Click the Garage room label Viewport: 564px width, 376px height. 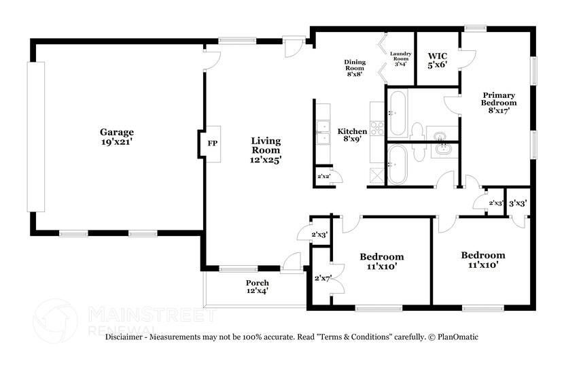click(117, 137)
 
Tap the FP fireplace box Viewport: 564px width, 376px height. click(212, 143)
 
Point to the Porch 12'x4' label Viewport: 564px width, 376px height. click(257, 286)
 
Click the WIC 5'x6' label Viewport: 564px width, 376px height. click(437, 60)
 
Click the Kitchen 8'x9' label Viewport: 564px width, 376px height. click(353, 135)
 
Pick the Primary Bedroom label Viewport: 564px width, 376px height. click(499, 103)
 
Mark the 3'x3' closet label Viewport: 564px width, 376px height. click(518, 203)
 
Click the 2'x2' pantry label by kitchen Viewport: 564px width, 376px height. click(323, 177)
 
